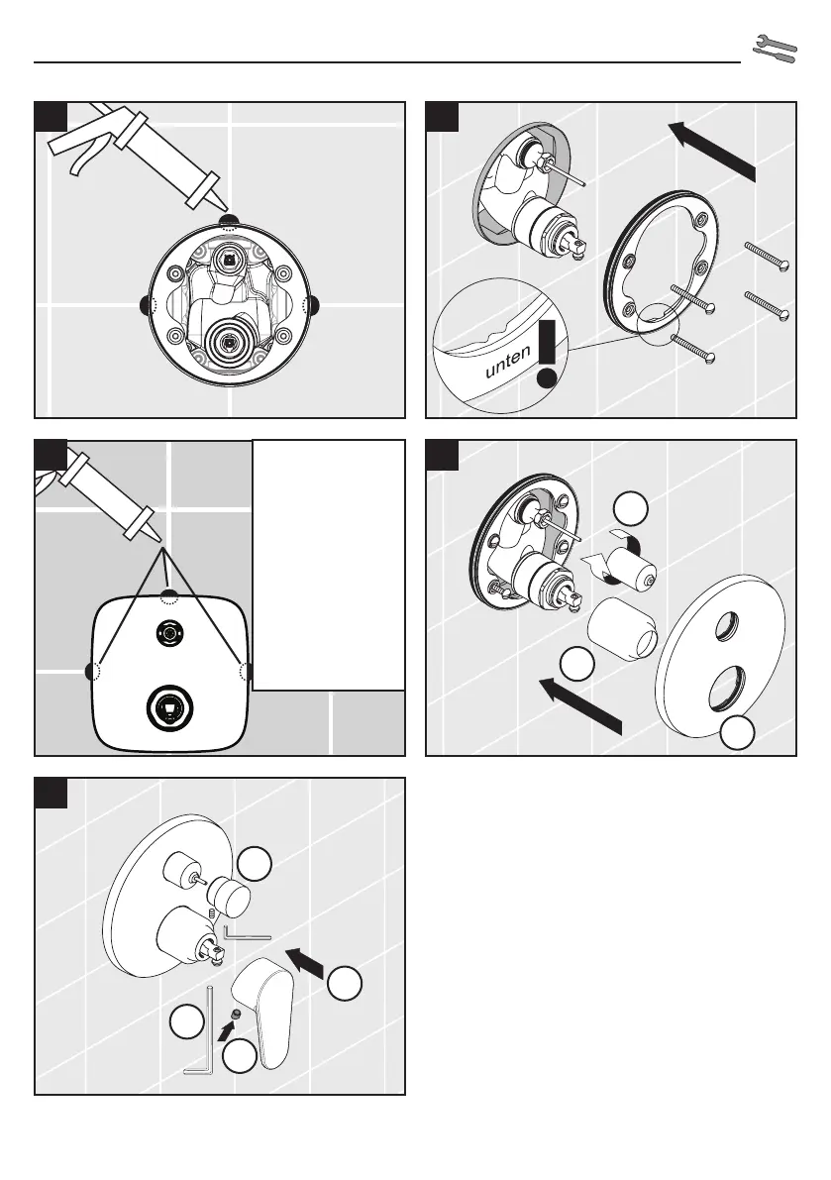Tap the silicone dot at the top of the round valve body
[229, 222]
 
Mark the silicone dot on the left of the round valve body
[149, 303]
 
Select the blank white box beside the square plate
[329, 565]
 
